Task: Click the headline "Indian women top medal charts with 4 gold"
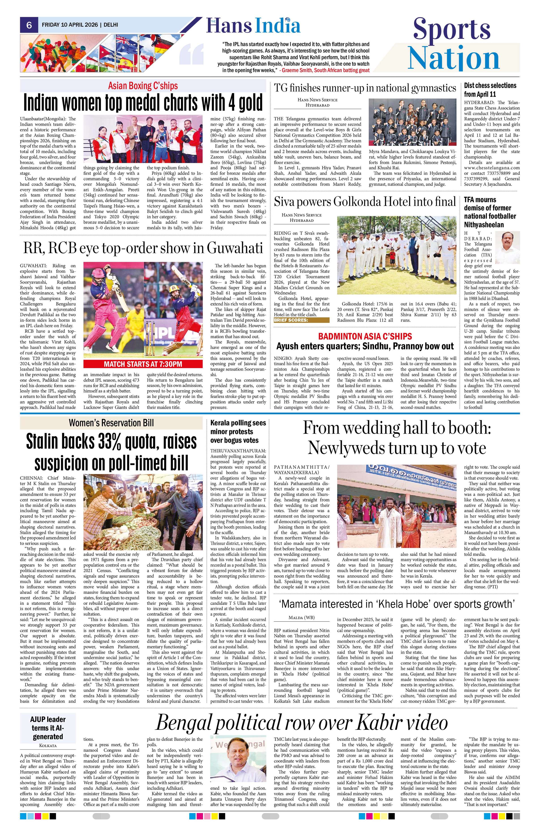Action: click(143, 102)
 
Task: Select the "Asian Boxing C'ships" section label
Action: click(143, 85)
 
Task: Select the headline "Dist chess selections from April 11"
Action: click(490, 89)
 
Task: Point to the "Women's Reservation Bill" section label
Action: click(111, 423)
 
